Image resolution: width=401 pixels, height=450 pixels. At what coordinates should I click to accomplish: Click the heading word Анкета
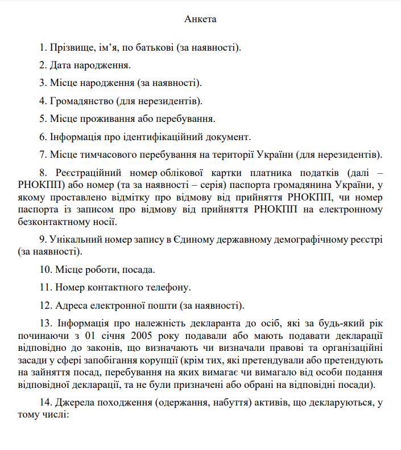click(x=200, y=19)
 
